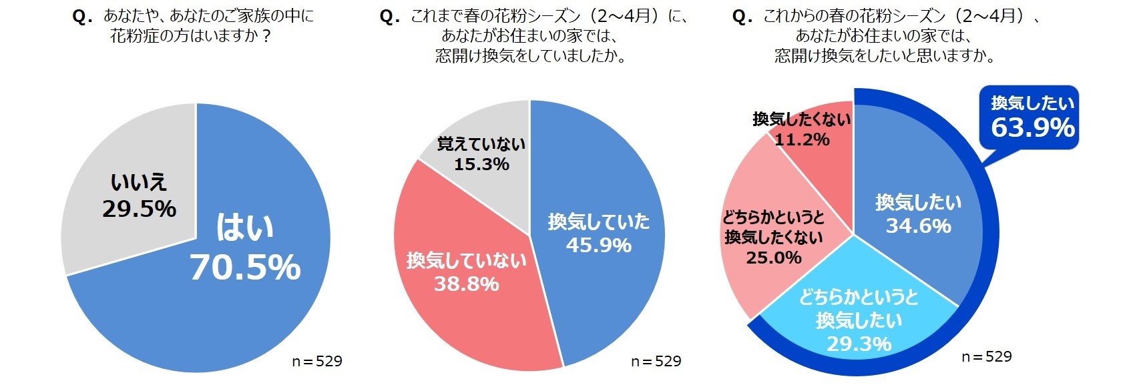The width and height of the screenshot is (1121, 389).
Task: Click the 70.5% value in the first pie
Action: (x=245, y=267)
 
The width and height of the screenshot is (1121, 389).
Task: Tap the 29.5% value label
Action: (x=139, y=209)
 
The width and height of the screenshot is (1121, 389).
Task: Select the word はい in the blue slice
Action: (x=245, y=228)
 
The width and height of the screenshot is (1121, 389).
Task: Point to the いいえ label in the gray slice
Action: (x=139, y=182)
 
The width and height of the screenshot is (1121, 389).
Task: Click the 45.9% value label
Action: (x=598, y=246)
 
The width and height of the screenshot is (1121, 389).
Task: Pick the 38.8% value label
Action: (x=466, y=284)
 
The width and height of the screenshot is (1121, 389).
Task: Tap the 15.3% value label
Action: (x=481, y=164)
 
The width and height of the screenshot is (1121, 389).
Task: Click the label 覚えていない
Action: (x=481, y=144)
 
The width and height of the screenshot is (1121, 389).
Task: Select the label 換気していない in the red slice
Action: (x=466, y=260)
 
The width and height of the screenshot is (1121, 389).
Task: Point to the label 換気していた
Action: (x=598, y=222)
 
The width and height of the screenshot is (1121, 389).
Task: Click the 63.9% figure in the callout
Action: (x=1032, y=127)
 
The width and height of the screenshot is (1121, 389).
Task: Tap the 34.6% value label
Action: (x=918, y=226)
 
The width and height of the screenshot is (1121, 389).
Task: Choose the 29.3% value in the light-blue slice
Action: (x=859, y=344)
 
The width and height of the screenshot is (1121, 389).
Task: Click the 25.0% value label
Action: (x=774, y=258)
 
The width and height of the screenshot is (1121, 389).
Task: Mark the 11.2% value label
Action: (x=802, y=139)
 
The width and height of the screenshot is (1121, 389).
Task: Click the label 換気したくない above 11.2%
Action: (x=801, y=119)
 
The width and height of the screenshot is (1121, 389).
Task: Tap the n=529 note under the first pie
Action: (x=316, y=361)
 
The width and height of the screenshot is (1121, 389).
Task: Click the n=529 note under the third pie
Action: (x=986, y=356)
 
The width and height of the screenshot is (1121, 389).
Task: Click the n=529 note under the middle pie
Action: (x=656, y=361)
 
